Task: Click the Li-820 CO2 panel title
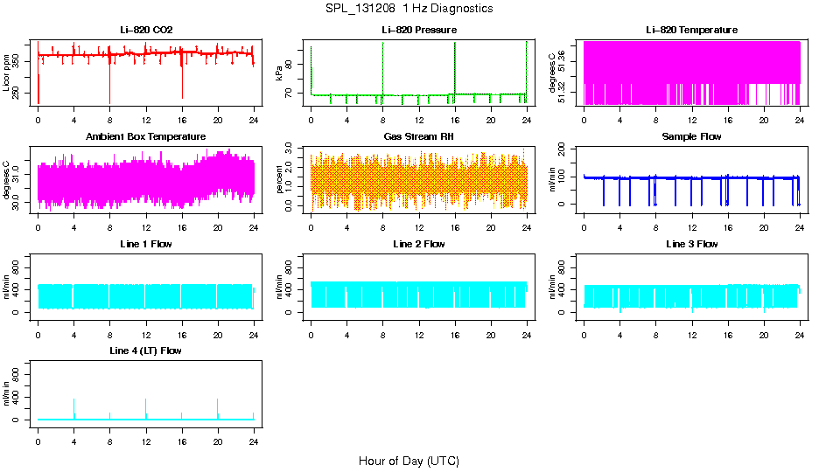(x=146, y=31)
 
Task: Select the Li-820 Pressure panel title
(x=418, y=31)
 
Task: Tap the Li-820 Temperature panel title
(x=691, y=31)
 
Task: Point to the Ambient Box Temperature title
(x=146, y=137)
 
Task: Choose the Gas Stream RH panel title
(x=418, y=137)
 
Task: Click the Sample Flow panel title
(x=691, y=137)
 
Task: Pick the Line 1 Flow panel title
(x=146, y=244)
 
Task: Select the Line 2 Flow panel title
(x=418, y=244)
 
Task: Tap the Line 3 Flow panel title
(x=691, y=244)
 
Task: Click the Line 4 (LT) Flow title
(x=146, y=351)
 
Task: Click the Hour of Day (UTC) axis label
(x=409, y=461)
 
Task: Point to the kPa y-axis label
(x=279, y=73)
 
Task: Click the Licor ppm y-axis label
(x=7, y=73)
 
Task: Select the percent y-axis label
(x=279, y=180)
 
